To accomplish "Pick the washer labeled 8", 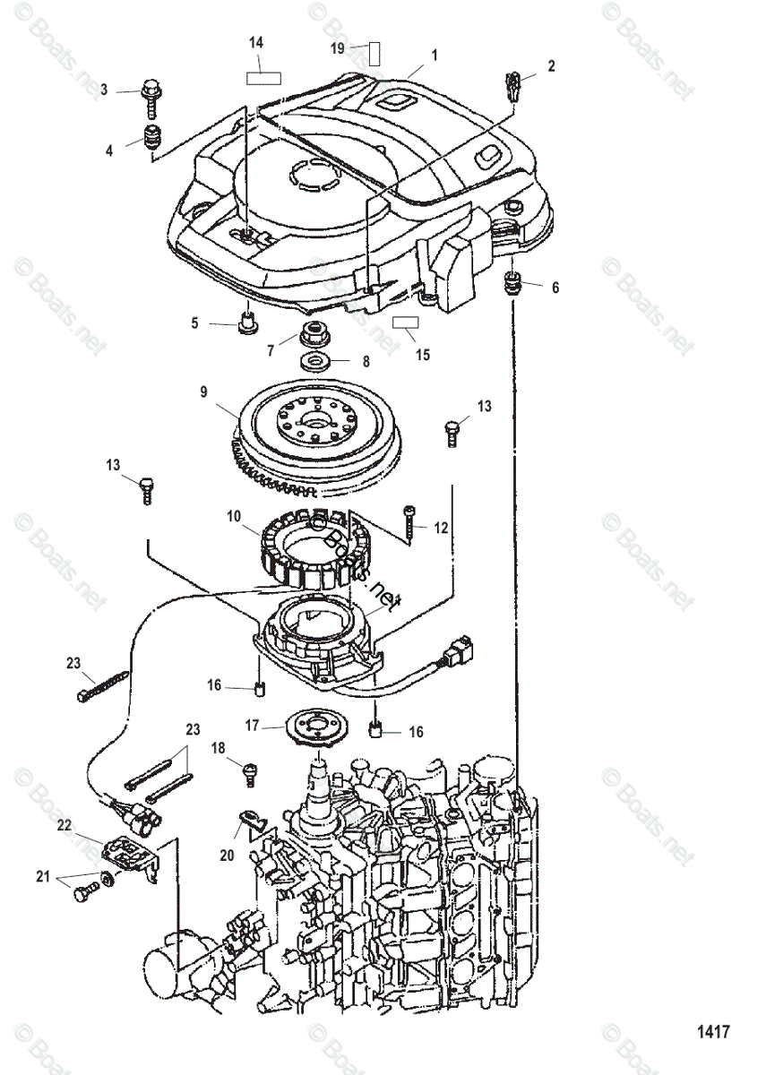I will tap(316, 363).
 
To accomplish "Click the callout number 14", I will tap(256, 42).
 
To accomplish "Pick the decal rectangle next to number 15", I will tap(407, 322).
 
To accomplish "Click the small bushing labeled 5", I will tap(245, 322).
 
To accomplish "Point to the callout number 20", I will tap(227, 856).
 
